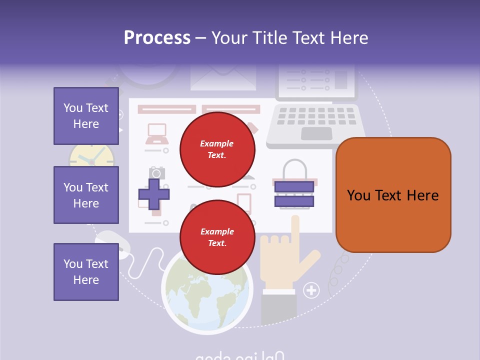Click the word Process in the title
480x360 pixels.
coord(157,38)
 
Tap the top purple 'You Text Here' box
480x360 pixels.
coord(86,116)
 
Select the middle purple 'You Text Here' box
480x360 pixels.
coord(86,195)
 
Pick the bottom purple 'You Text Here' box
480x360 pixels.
coord(86,272)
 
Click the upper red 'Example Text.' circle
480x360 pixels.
coord(217,149)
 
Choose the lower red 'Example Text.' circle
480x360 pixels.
coord(217,237)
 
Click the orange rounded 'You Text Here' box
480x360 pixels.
coord(393,195)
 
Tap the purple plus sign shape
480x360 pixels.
coord(153,193)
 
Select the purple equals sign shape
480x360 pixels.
coord(293,194)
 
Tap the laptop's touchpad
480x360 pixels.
coord(316,133)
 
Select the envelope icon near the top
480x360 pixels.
coord(223,77)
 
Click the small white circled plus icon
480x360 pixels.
coord(311,289)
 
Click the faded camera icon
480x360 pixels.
coord(156,173)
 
